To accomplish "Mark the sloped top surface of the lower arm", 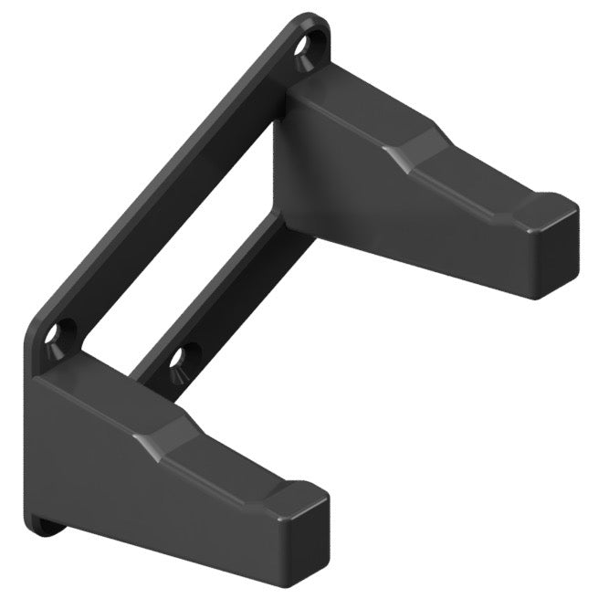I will click(x=100, y=402).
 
